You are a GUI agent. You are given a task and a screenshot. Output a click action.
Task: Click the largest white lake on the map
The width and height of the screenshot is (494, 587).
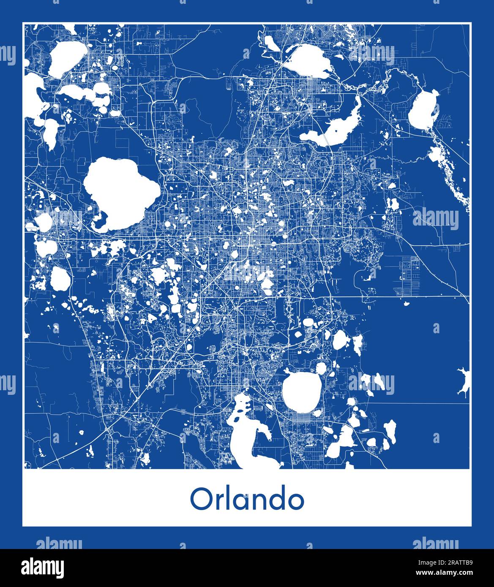tap(120, 192)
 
